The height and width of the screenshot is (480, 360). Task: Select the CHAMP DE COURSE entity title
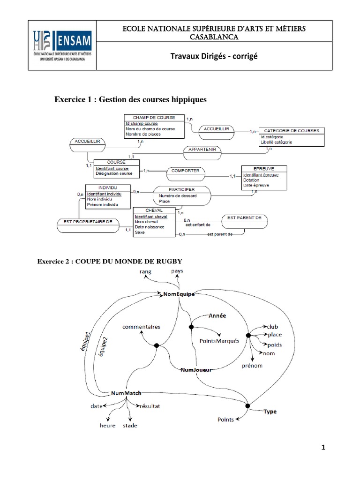click(154, 117)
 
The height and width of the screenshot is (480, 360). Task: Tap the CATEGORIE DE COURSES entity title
click(291, 131)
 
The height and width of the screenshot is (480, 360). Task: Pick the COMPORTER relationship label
click(186, 171)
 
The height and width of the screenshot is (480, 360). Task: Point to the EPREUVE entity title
click(263, 168)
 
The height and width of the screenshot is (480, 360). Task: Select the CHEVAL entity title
click(154, 210)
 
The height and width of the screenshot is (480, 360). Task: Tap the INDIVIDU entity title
click(105, 187)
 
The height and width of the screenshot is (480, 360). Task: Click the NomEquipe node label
click(179, 294)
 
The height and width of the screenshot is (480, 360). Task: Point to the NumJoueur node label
click(196, 370)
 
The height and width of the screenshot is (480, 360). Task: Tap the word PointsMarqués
click(219, 341)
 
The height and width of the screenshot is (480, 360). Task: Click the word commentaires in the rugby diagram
click(141, 326)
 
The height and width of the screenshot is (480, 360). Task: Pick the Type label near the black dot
click(270, 412)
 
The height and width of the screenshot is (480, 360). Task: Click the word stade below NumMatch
click(130, 426)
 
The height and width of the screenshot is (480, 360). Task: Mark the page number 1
click(323, 448)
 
